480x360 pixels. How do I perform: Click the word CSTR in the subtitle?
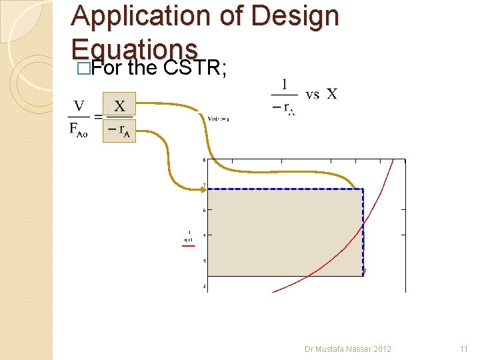coord(193,68)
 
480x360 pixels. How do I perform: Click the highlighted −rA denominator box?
coord(119,131)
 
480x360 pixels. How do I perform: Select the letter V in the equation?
coord(79,106)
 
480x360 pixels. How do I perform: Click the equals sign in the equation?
coord(97,117)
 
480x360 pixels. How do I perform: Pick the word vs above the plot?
coord(312,94)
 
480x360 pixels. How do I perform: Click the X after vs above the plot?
coord(331,94)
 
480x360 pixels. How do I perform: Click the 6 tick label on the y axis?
coord(203,210)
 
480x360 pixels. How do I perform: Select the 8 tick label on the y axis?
coord(203,160)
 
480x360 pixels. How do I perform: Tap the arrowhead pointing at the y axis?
coord(204,189)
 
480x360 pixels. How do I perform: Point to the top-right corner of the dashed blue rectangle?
coord(363,189)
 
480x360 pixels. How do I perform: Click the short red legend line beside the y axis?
coord(189,245)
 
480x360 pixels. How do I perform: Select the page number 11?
coord(464,349)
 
